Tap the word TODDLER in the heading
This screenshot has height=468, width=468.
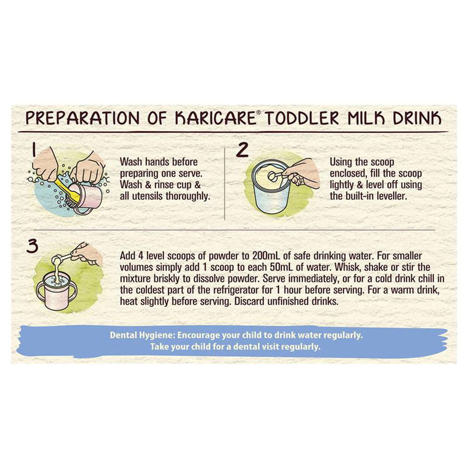point(301,118)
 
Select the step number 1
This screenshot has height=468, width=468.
point(34,150)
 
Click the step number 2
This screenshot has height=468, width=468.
point(242,150)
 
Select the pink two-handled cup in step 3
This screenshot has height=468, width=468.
point(56,291)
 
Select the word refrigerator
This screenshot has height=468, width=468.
point(232,290)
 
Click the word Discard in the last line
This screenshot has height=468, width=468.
point(249,301)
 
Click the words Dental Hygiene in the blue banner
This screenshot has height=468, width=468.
point(142,335)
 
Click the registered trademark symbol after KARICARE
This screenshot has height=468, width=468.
point(258,112)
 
